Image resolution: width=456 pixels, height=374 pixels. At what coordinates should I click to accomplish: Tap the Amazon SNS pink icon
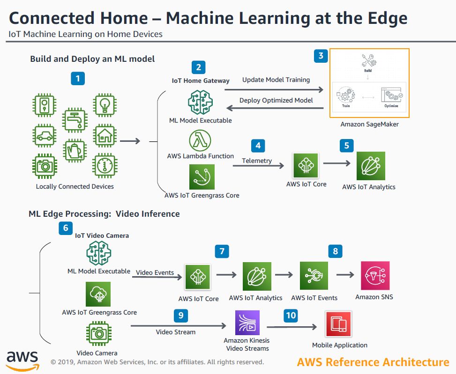375,276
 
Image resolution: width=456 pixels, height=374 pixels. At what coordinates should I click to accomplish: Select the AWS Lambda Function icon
200,140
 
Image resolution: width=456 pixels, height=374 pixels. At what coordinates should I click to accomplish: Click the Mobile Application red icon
339,324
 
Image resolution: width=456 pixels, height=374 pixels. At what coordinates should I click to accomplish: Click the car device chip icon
45,136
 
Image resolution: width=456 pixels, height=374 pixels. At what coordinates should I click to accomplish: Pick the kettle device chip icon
75,150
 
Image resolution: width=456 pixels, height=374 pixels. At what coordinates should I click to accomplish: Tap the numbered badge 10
291,315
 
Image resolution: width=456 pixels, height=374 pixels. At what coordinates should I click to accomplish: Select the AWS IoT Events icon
314,276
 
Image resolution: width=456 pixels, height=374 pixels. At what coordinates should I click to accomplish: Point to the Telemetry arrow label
257,161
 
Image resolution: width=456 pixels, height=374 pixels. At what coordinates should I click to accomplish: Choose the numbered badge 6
66,228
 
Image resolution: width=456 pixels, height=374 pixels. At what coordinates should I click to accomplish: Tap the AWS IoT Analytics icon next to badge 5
371,166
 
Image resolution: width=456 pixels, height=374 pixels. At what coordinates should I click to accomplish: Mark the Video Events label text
155,272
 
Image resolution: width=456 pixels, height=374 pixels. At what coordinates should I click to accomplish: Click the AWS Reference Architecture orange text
373,362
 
